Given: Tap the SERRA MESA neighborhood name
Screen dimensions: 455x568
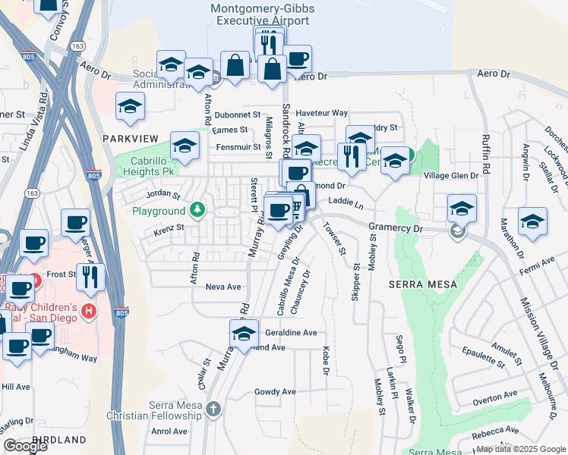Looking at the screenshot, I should [424, 284].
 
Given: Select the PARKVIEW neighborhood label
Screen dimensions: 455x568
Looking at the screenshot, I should [131, 137].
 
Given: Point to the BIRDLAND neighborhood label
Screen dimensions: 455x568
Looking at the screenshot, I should [58, 439].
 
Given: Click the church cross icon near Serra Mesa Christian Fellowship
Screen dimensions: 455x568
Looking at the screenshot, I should [213, 409].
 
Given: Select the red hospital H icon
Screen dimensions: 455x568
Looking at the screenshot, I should [89, 310].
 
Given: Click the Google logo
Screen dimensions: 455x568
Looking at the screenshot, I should [25, 446].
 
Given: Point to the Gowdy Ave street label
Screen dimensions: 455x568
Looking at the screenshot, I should [275, 392].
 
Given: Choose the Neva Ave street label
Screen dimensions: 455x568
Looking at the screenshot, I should [222, 287].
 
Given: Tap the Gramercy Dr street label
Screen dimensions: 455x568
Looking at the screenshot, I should [395, 227].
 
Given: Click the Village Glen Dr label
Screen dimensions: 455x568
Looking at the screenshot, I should [451, 175].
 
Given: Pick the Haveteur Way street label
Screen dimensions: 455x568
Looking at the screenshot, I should [321, 113].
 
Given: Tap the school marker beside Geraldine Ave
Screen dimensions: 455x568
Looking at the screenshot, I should [244, 333].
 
